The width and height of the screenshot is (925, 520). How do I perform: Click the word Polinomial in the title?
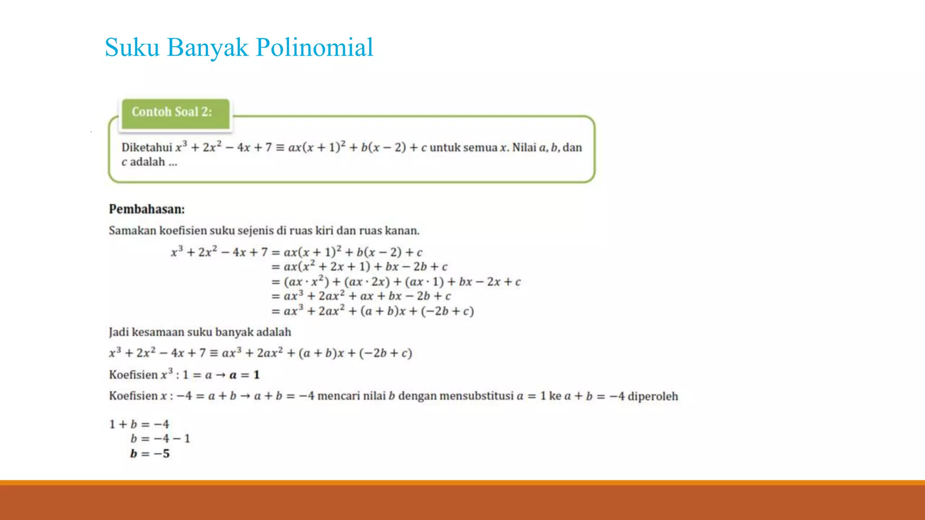314,47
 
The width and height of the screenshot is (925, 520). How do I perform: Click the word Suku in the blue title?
132,47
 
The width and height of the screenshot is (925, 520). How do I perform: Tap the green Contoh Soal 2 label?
172,112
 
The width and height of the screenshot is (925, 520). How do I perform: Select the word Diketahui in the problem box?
146,148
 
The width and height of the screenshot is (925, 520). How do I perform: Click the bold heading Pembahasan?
147,209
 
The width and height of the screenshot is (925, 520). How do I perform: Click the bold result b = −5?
150,454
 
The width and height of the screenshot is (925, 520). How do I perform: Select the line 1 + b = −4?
139,424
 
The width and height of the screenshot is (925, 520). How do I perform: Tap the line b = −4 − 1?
160,439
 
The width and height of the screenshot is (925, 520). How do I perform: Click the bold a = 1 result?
244,375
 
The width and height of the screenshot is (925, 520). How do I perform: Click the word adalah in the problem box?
147,162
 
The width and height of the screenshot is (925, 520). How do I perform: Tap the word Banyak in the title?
207,47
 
